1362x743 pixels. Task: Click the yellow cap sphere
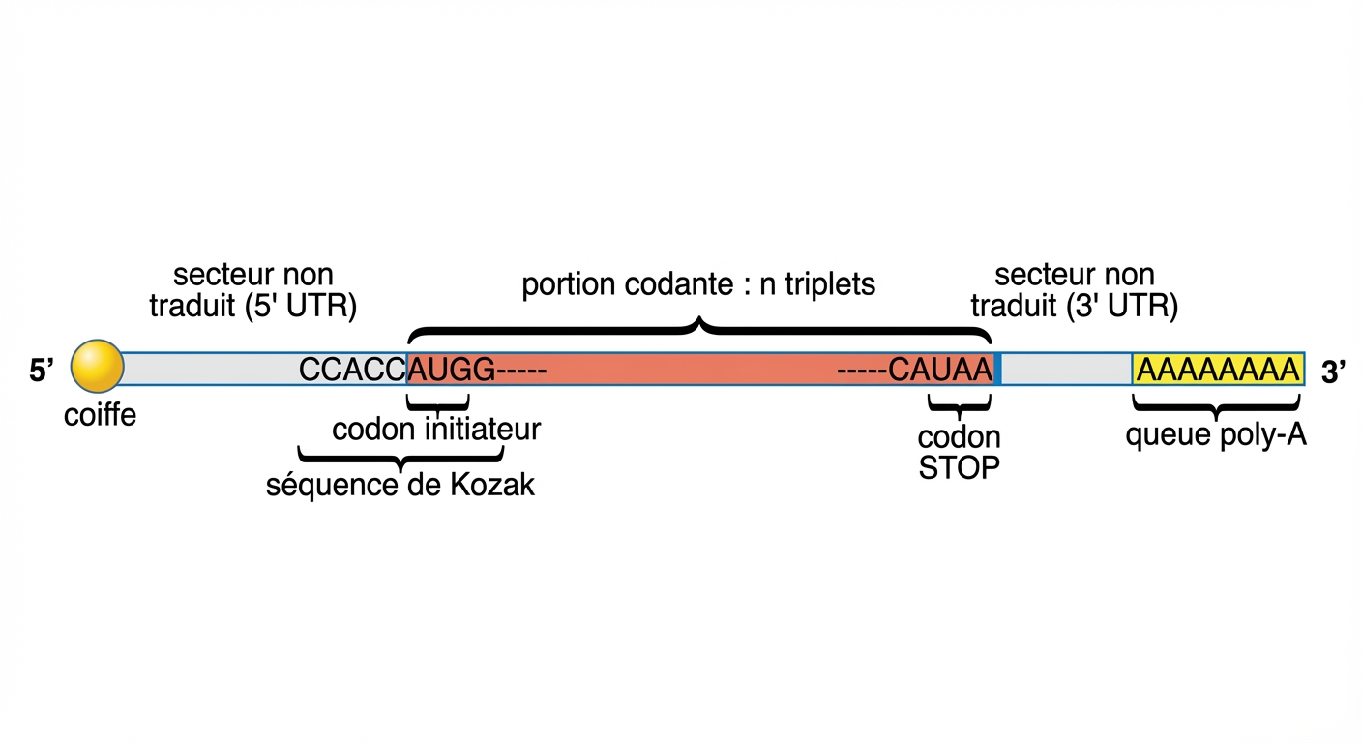(98, 368)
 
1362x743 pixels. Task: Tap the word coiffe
(100, 416)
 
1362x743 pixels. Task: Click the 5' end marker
(41, 371)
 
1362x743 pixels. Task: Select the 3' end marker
(1334, 371)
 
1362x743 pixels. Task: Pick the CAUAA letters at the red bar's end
(941, 370)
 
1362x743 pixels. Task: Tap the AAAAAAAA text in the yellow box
(1217, 370)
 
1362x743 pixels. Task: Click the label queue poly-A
(1216, 435)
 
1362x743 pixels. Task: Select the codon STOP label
(959, 453)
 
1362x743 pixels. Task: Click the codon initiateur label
(435, 429)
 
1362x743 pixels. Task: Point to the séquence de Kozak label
(400, 485)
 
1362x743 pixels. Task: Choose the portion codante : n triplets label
(698, 285)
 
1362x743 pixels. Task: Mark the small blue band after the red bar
(997, 370)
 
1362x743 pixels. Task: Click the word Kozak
(492, 485)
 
